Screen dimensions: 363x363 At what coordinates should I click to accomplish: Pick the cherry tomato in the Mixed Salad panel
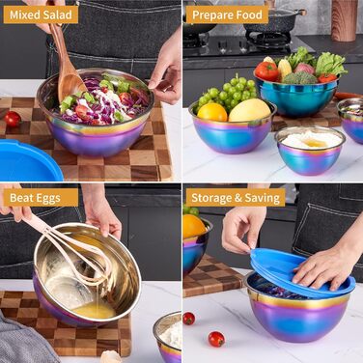[x=13, y=119]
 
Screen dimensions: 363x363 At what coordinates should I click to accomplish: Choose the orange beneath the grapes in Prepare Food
[x=213, y=112]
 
